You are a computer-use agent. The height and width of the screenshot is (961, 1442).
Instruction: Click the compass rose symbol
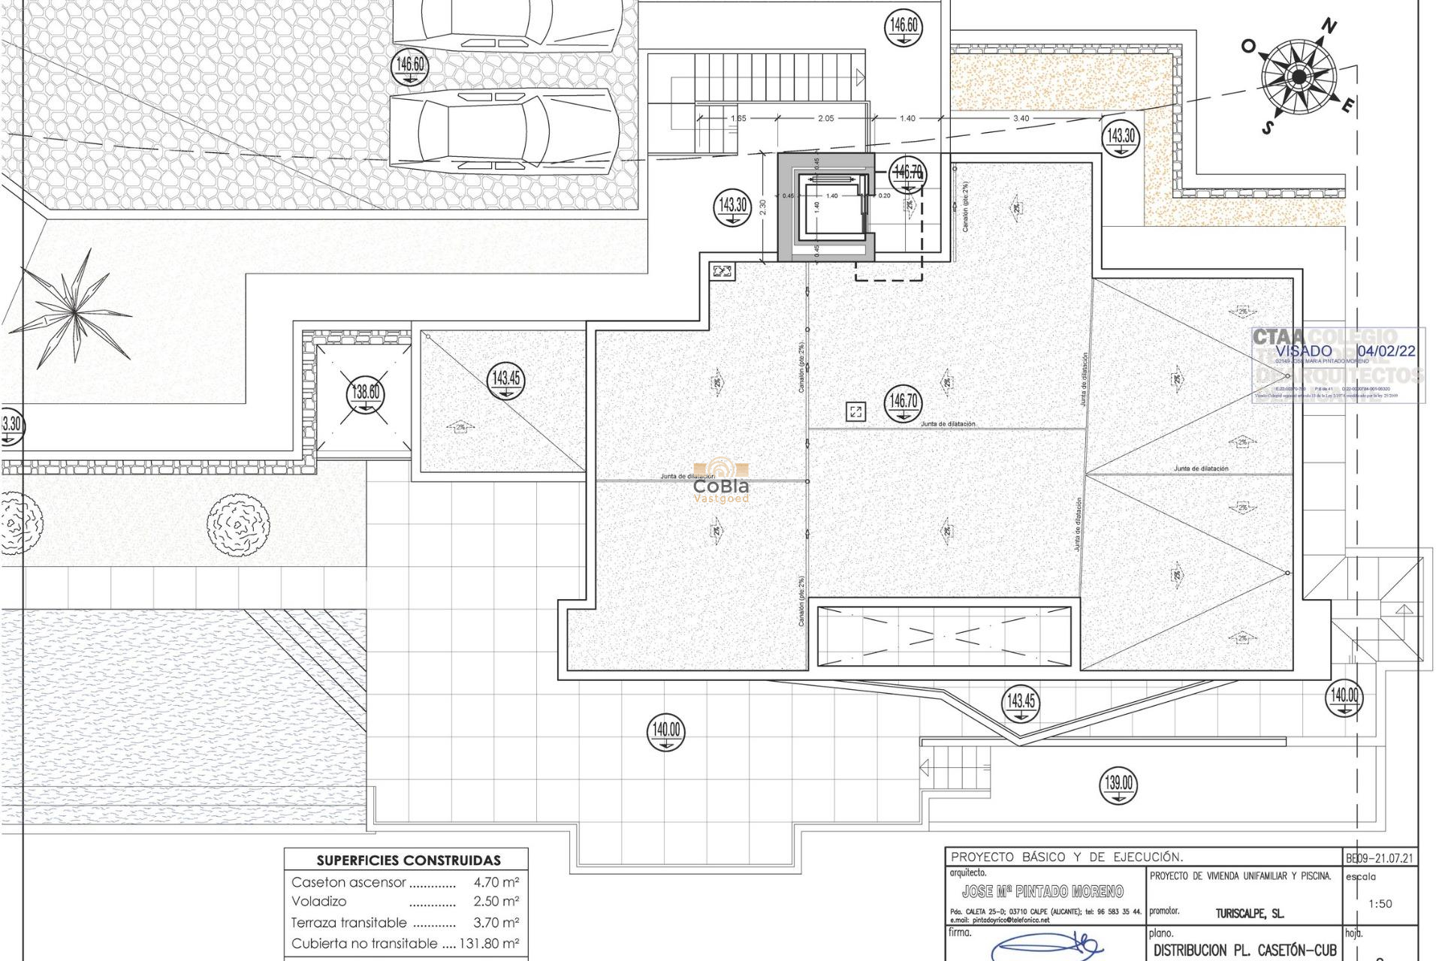point(1299,77)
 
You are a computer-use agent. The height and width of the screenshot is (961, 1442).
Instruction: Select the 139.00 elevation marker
point(1118,784)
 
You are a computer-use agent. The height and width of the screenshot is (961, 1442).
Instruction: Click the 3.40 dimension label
point(1021,119)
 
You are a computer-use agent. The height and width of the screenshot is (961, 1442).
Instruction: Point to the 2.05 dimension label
point(825,119)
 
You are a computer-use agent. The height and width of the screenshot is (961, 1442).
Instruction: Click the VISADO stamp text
point(1304,351)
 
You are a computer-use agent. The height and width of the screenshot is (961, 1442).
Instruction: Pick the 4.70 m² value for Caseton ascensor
point(496,882)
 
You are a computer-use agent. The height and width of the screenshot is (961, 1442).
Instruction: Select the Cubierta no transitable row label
point(364,944)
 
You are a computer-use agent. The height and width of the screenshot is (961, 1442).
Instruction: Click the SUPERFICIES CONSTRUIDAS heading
point(408,860)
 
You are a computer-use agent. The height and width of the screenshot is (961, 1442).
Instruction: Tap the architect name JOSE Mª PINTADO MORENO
point(1042,892)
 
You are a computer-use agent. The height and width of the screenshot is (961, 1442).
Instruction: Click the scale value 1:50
point(1380,904)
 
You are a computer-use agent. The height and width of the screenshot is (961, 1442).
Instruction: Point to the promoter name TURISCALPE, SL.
point(1249,914)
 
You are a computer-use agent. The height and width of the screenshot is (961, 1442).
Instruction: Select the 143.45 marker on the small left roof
point(506,379)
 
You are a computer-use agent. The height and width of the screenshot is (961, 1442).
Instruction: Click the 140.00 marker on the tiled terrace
point(666,731)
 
